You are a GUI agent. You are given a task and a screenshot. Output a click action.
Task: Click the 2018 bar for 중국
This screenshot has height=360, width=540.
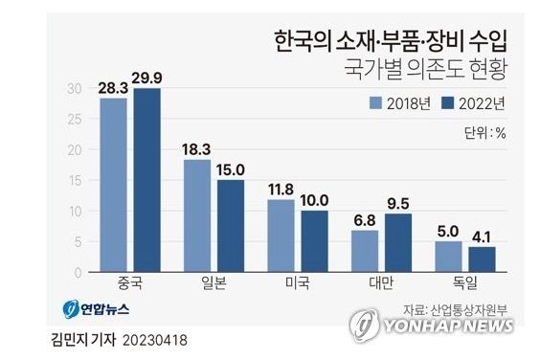(113, 185)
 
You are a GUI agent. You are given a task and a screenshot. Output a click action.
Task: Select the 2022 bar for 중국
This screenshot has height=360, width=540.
(146, 180)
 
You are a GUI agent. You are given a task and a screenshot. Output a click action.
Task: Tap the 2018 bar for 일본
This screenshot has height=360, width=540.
(196, 215)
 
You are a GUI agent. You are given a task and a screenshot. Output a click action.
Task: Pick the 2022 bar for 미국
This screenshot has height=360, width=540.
(314, 240)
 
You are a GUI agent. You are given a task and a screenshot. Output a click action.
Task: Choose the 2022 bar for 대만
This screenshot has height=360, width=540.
(397, 242)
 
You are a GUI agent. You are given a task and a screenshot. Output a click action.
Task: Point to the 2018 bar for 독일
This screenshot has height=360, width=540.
(448, 256)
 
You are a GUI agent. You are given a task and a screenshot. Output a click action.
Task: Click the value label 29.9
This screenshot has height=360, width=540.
(147, 79)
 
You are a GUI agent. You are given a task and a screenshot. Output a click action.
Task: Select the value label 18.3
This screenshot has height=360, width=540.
(196, 150)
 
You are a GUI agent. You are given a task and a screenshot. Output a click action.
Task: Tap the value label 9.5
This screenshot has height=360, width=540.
(397, 204)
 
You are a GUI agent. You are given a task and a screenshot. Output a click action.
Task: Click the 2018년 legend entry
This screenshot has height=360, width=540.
(400, 102)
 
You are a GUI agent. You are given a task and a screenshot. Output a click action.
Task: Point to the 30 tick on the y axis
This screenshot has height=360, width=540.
(74, 88)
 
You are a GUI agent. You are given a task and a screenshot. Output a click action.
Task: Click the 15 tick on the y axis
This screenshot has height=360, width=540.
(74, 180)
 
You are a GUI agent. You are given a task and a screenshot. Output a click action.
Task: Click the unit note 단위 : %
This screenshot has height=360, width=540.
(484, 133)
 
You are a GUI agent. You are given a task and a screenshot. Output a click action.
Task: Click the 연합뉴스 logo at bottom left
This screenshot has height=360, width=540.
(96, 309)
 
